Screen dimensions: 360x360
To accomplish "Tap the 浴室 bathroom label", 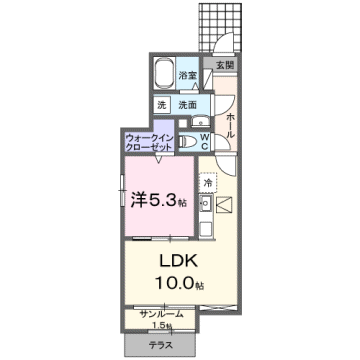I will [187, 75].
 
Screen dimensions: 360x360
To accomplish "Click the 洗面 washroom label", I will [187, 105].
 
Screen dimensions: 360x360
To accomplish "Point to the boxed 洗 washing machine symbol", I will [160, 105].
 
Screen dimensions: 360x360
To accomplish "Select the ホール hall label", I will [230, 126].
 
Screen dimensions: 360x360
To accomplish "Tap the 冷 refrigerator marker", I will [208, 183].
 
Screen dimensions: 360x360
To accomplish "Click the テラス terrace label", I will [161, 344].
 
